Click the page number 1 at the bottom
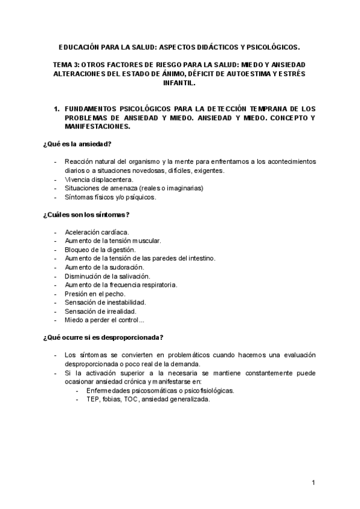[x=313, y=483]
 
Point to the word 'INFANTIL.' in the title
[x=179, y=83]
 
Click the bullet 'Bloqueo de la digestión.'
[x=100, y=249]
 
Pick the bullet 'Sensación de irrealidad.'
[x=100, y=312]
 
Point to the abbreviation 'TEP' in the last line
[x=94, y=399]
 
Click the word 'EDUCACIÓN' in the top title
[x=82, y=46]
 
